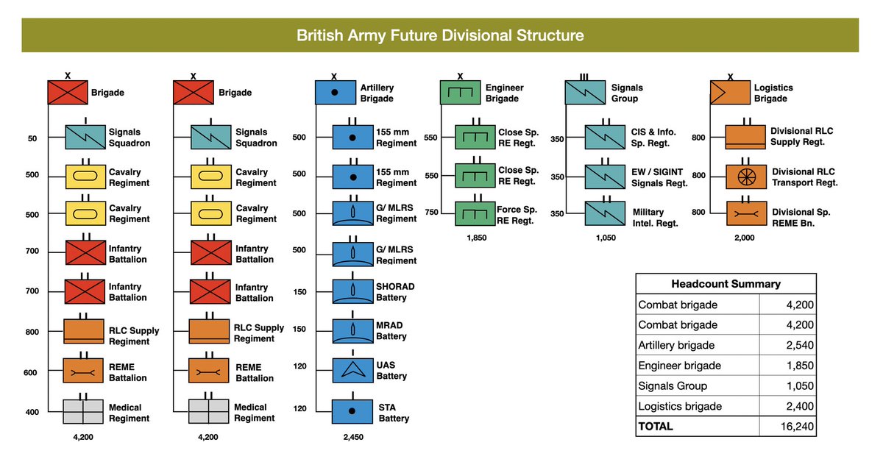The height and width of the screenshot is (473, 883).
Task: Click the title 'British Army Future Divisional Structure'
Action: tap(440, 35)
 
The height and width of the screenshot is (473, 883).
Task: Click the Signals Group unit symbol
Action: tap(585, 93)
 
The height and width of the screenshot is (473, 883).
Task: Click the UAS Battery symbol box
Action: tap(352, 369)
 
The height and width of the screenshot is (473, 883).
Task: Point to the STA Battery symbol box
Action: tap(352, 412)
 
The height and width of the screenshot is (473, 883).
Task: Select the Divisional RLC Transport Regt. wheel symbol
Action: tap(745, 177)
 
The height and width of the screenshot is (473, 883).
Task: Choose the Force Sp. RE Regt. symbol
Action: tap(475, 213)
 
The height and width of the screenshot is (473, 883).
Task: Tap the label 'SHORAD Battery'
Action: tap(395, 292)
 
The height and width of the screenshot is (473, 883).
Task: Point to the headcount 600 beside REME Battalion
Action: tap(32, 372)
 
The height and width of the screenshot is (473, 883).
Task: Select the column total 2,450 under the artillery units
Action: tap(352, 437)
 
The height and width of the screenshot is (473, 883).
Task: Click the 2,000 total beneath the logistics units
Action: tap(745, 238)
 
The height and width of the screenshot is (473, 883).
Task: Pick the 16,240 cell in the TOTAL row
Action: tap(798, 426)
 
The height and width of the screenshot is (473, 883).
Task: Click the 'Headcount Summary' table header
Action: tap(726, 284)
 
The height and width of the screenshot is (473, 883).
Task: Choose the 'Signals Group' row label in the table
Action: tap(673, 385)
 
